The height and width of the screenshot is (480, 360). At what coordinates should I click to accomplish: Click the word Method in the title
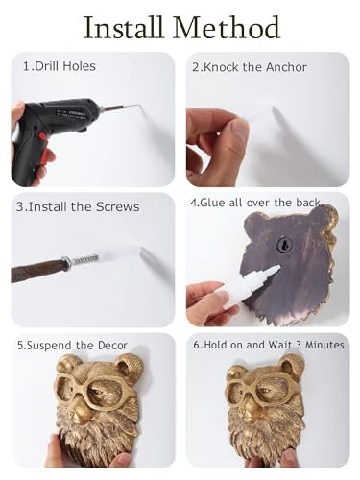click(227, 28)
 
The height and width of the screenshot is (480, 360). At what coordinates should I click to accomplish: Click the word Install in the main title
click(123, 28)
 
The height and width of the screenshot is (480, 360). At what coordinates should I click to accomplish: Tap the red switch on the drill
click(42, 135)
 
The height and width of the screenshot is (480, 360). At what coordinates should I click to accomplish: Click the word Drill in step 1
click(47, 66)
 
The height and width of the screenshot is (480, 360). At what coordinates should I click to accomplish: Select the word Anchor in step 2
click(286, 67)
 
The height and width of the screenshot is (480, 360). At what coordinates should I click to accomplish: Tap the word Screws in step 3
click(117, 206)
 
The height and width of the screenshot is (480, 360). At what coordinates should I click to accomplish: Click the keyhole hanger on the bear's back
click(283, 245)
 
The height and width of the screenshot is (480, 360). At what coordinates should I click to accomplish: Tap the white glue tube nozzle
click(271, 272)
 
